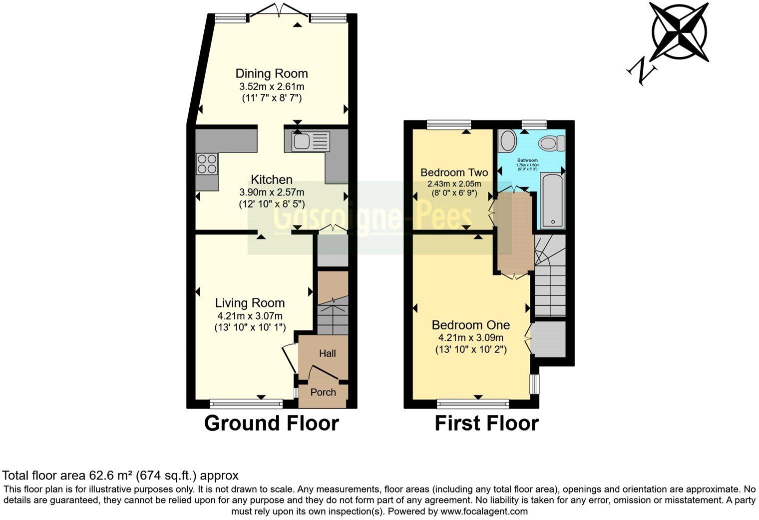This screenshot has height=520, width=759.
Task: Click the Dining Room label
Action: point(272,73)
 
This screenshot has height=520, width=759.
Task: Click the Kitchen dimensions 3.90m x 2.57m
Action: point(272,192)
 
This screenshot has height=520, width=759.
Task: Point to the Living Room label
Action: point(250,302)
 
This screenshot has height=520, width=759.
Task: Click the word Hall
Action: point(328,353)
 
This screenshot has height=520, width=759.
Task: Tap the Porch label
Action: point(323,392)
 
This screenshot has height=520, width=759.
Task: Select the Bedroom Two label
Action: point(454,172)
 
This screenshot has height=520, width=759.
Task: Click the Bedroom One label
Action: point(471,325)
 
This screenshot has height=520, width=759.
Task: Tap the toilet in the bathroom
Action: point(551,143)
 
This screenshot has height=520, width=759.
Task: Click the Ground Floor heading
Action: point(272,423)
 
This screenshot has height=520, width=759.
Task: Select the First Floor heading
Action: point(486,423)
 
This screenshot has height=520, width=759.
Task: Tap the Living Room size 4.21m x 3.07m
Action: point(250,315)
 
